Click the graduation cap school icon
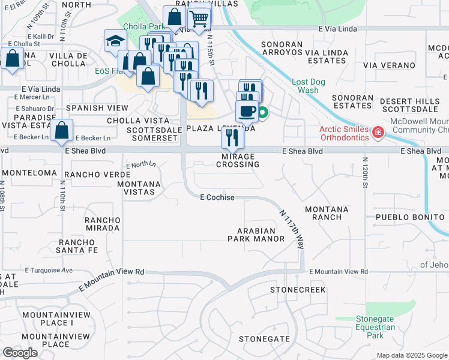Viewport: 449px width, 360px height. (113, 41)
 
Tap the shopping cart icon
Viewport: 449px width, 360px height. (199, 19)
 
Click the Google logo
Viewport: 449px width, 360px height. (20, 353)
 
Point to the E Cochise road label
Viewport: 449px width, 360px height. (217, 197)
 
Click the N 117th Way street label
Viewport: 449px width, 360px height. (291, 228)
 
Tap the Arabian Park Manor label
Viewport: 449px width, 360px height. (256, 235)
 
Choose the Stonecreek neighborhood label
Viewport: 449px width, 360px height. (297, 290)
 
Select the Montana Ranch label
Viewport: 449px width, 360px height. (327, 213)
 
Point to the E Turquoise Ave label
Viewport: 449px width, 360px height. (49, 271)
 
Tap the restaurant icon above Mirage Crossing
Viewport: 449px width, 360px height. (232, 138)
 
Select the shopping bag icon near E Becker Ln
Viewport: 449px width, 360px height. (62, 130)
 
